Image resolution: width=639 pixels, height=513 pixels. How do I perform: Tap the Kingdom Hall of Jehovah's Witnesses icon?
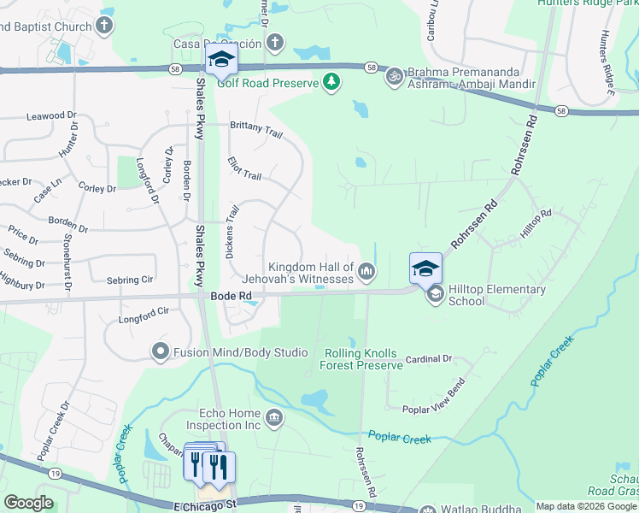(366, 272)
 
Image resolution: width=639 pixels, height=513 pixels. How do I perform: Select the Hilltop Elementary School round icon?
(435, 295)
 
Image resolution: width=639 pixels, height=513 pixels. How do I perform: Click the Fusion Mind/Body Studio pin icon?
(159, 351)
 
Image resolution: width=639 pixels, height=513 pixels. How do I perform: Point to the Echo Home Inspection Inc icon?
(274, 418)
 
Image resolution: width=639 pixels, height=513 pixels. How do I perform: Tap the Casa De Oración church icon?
(274, 42)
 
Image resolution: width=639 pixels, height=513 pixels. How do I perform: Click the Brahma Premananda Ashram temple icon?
(394, 76)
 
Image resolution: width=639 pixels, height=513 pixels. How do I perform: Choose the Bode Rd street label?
(231, 296)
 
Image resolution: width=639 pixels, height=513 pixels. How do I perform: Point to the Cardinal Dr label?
(427, 359)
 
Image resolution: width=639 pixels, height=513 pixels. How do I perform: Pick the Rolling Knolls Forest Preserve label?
(361, 359)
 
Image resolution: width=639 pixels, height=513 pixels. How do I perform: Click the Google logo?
(28, 503)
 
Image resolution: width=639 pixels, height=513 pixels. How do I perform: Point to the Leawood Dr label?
(51, 115)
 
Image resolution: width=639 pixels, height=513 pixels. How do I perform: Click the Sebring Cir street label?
(129, 280)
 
